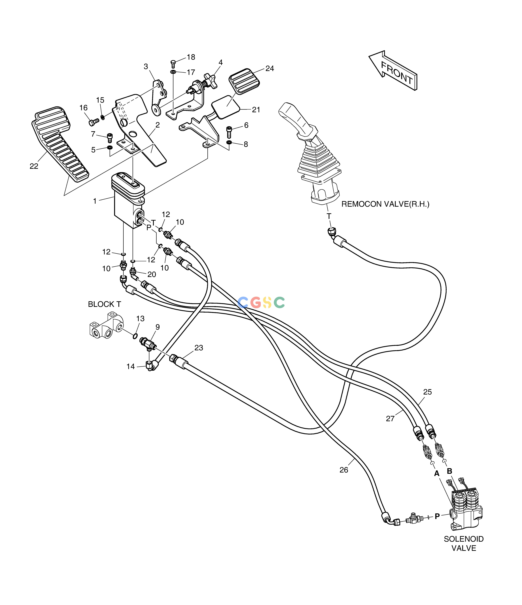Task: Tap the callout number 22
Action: tap(34, 166)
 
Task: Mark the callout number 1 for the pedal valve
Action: tap(95, 201)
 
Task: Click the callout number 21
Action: tap(256, 110)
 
